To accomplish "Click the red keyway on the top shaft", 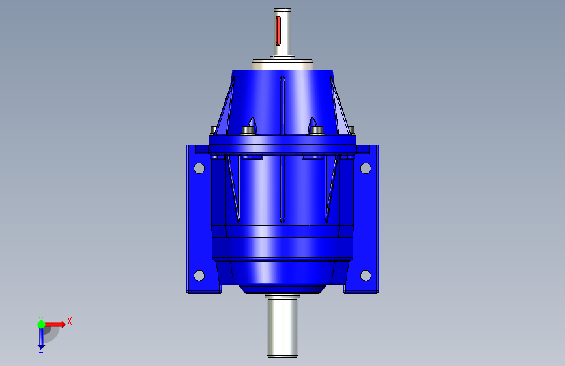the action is tap(278, 31).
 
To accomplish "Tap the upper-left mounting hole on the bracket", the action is tap(199, 168).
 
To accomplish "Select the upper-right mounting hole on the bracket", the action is tap(366, 168).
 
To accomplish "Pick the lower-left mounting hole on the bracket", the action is tap(199, 275).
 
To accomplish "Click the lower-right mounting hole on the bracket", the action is tap(366, 275).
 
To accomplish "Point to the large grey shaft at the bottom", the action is tap(283, 326).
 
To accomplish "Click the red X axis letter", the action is tap(70, 321).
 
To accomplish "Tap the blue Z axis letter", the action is tap(40, 350).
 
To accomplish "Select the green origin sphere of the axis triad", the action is tap(42, 324).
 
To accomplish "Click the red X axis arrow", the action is tap(55, 324).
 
